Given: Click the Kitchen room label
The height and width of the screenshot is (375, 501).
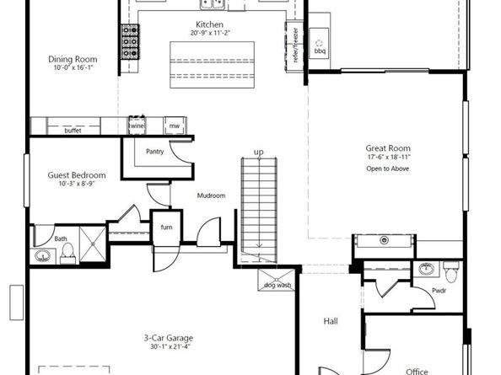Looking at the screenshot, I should [x=208, y=24].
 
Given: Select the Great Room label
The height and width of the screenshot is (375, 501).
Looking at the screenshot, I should [x=388, y=147].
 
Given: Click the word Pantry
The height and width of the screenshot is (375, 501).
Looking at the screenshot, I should [x=154, y=152].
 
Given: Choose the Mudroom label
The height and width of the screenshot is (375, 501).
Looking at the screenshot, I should [x=211, y=196].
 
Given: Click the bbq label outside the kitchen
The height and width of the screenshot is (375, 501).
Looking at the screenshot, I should [x=320, y=50].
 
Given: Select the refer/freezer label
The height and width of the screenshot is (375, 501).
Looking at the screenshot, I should [x=296, y=40].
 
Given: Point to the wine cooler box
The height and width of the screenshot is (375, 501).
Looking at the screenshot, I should [x=137, y=126].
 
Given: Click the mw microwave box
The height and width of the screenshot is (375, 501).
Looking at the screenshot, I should [x=175, y=126].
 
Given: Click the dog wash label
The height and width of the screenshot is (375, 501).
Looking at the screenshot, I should [x=277, y=285].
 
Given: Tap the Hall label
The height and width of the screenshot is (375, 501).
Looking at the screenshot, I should [x=331, y=321].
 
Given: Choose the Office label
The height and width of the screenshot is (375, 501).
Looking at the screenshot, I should [x=416, y=371].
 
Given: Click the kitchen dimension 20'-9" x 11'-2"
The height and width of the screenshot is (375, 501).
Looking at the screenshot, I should [x=208, y=34].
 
